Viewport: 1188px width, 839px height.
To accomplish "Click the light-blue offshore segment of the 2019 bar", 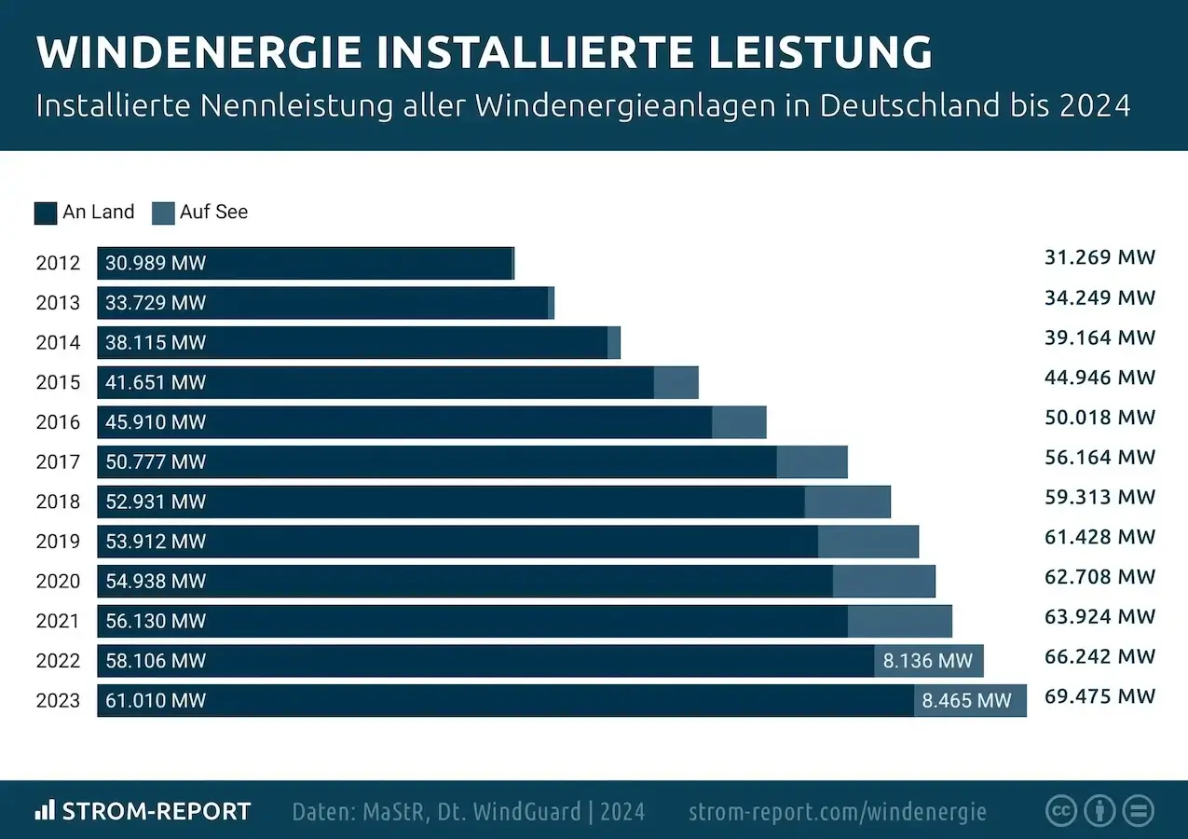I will click(867, 542).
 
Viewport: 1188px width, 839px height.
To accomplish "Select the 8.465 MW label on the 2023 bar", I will click(966, 700).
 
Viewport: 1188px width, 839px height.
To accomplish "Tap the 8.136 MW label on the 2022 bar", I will click(927, 661).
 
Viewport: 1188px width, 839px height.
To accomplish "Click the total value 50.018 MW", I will click(1099, 417).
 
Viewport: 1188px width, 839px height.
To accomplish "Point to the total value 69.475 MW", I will click(1099, 695).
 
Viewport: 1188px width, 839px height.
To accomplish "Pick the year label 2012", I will click(58, 263).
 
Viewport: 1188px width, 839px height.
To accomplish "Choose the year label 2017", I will click(58, 461).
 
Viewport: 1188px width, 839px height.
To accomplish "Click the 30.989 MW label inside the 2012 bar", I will click(156, 263).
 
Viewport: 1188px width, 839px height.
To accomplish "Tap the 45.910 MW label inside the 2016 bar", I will click(156, 422).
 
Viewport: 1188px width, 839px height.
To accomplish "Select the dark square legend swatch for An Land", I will click(46, 213).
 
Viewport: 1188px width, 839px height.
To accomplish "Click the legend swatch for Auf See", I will click(163, 213).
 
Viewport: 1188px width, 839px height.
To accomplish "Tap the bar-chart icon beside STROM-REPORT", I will click(45, 810).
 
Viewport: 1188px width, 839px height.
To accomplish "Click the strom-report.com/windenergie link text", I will click(837, 811).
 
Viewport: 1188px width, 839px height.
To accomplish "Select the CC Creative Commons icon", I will click(1061, 810).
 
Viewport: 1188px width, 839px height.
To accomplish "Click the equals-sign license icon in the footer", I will click(1138, 810).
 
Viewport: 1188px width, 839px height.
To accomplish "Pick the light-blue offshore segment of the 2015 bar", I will click(676, 382).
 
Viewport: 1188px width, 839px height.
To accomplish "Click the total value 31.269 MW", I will click(1099, 257).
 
